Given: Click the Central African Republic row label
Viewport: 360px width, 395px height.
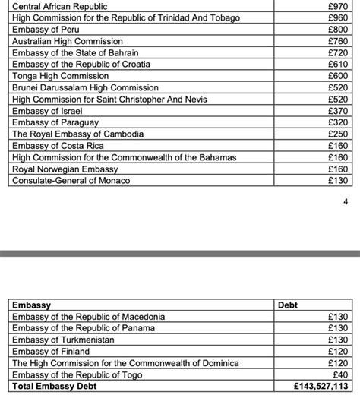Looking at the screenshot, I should pos(60,6).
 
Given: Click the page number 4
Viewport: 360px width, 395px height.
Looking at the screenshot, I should pos(346,202).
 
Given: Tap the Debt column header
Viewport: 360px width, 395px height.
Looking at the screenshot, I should pos(289,305).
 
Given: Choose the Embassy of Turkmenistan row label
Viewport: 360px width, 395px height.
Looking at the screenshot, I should pos(64,340).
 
